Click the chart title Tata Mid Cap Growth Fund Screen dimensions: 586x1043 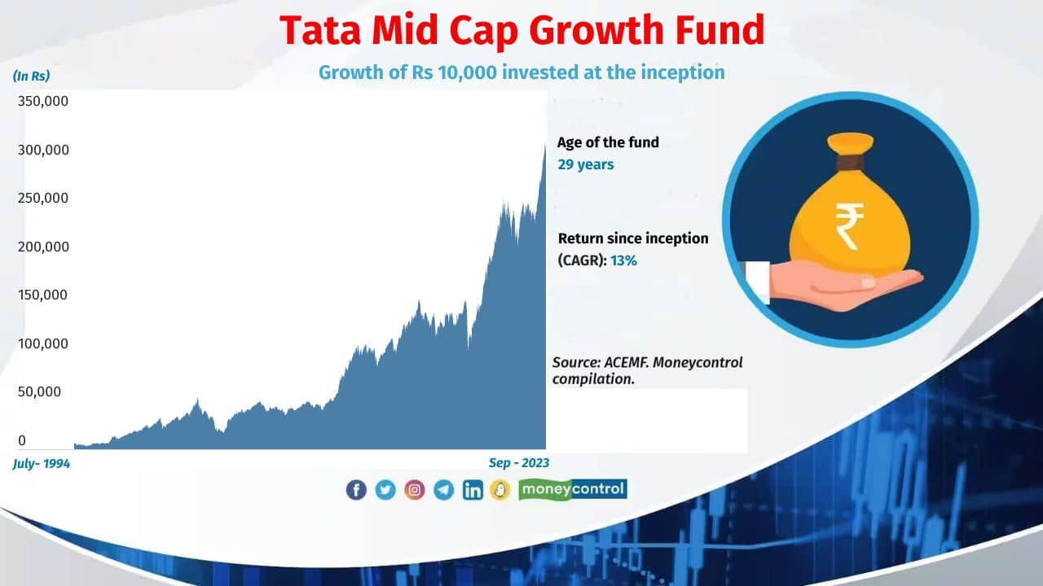tap(522, 30)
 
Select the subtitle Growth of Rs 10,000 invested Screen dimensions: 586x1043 tap(521, 72)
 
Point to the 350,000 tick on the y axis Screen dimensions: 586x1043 tap(43, 102)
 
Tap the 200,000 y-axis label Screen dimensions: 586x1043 tap(43, 247)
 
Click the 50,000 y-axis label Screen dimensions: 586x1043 tap(40, 391)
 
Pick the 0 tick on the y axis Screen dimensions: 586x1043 tap(22, 440)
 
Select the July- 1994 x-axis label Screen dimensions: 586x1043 tap(42, 463)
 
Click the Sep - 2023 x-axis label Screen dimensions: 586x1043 tap(519, 463)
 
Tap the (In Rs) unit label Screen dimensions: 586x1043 tap(32, 77)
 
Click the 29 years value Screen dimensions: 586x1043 tap(586, 164)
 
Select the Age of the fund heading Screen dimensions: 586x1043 tap(608, 142)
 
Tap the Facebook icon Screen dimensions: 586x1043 tap(356, 489)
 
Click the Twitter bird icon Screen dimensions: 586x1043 tap(385, 489)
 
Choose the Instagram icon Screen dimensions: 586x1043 tap(415, 489)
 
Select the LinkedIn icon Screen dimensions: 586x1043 tap(473, 489)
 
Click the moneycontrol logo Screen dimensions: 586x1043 tap(573, 489)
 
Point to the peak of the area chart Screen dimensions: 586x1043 tap(544, 147)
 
